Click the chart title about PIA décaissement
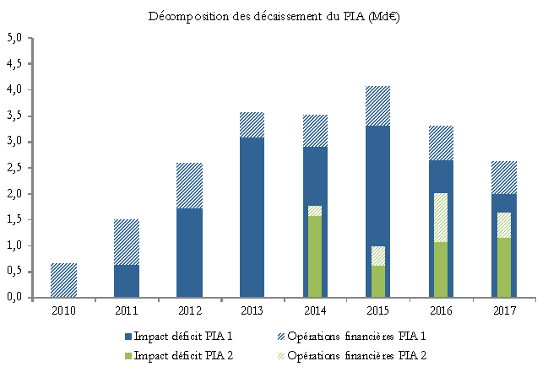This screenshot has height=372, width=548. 274,16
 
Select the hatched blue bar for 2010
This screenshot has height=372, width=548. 63,280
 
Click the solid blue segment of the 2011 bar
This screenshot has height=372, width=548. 126,281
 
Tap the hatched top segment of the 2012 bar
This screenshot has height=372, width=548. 188,186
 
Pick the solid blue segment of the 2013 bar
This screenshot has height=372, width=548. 251,217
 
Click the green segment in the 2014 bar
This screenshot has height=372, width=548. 314,256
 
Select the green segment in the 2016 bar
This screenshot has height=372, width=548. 439,270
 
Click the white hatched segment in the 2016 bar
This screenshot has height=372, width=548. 439,218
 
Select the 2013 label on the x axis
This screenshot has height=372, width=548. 251,310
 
